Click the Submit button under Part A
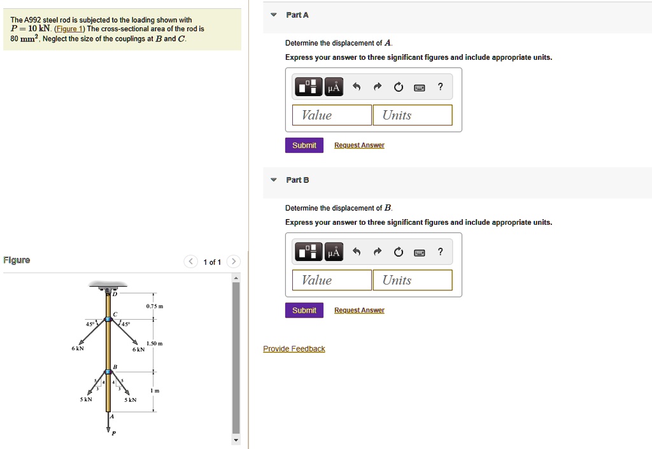[x=304, y=145]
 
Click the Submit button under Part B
[x=304, y=310]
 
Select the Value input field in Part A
[x=331, y=115]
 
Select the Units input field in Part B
[x=413, y=280]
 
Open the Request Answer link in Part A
[x=359, y=145]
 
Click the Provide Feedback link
[x=294, y=349]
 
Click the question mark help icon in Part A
[x=441, y=87]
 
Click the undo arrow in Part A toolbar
[x=357, y=87]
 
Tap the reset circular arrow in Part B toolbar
[x=399, y=252]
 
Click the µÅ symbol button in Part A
[x=334, y=87]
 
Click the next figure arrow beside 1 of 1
[x=234, y=262]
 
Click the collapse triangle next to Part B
[x=273, y=180]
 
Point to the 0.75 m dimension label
[x=155, y=306]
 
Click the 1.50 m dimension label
[x=154, y=343]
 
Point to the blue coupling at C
[x=108, y=319]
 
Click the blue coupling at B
[x=108, y=372]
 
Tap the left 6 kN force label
[x=78, y=348]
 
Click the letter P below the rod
[x=114, y=433]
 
